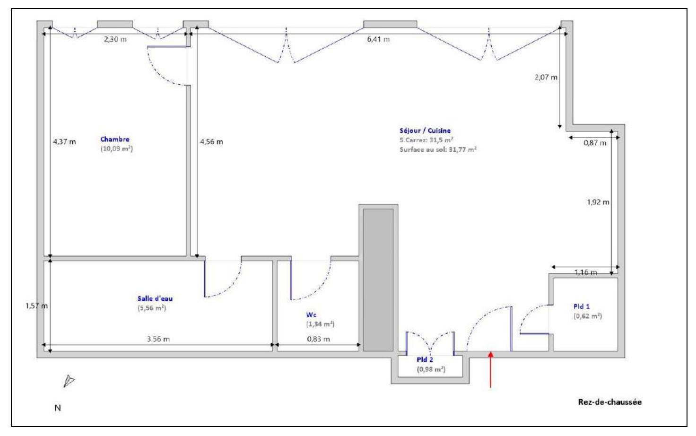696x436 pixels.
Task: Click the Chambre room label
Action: pos(114,140)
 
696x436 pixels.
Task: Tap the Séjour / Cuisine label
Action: pos(425,131)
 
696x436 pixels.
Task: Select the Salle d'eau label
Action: pos(155,298)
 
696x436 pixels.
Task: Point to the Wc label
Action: pos(311,314)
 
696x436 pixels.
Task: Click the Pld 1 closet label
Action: pos(582,306)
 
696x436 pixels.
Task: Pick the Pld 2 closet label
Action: pos(425,359)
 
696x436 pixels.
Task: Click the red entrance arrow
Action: pos(490,369)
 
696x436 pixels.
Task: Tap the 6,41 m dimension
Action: pos(378,39)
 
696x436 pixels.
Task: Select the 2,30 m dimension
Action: pos(115,39)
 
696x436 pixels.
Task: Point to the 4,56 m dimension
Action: pos(211,142)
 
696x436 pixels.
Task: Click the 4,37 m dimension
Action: pos(64,141)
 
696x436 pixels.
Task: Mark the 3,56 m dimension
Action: pos(158,339)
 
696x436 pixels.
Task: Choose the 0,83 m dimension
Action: pos(318,339)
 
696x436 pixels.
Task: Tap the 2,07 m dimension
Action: pos(546,77)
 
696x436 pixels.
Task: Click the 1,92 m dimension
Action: pos(598,202)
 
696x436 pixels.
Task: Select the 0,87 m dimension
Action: pos(594,143)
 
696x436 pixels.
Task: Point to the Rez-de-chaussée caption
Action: pos(609,402)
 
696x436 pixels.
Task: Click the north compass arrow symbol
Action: pos(70,381)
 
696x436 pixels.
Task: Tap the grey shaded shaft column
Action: pos(378,279)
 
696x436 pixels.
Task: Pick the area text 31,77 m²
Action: pos(463,149)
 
